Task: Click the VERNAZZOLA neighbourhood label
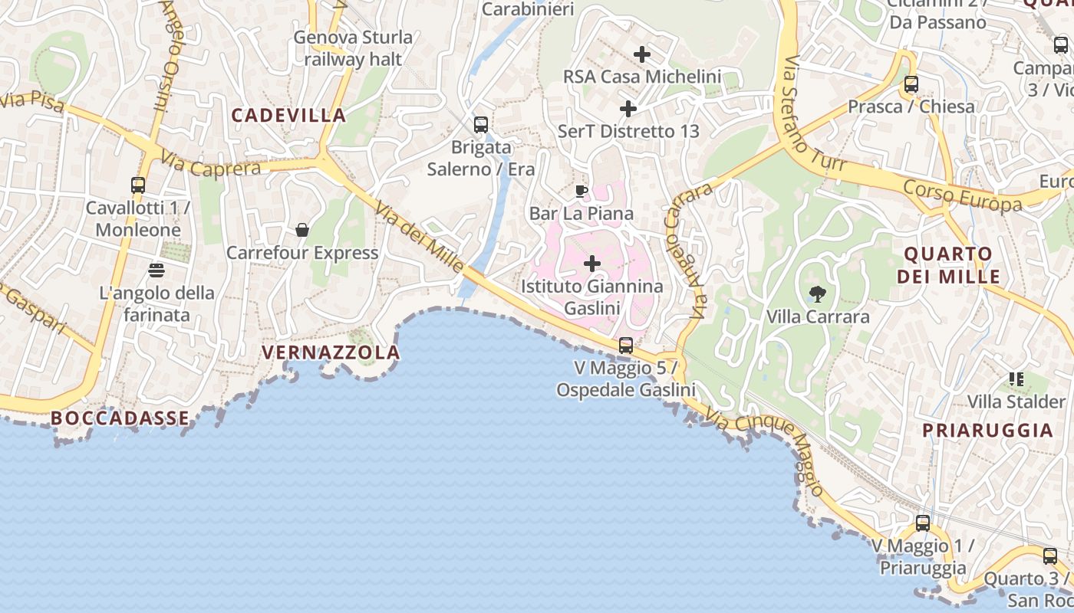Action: [x=331, y=352]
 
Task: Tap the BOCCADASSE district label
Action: [x=120, y=418]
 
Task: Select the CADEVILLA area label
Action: [x=288, y=116]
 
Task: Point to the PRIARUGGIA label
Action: [x=987, y=430]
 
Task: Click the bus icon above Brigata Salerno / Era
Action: [x=481, y=124]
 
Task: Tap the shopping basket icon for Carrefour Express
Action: [x=302, y=230]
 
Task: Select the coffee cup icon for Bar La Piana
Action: [x=581, y=191]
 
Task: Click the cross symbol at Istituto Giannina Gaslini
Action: [x=592, y=264]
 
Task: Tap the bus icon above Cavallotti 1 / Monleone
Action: [x=138, y=185]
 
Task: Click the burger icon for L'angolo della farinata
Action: [x=156, y=270]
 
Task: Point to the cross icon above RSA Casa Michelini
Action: [x=642, y=54]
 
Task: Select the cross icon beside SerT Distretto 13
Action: [x=628, y=109]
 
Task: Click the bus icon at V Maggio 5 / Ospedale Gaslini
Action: [x=626, y=346]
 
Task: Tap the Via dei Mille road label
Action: [x=419, y=234]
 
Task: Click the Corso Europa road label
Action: [x=962, y=195]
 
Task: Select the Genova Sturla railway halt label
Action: [x=353, y=48]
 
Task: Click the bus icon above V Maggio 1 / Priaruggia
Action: [x=923, y=524]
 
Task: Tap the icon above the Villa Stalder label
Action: [x=1016, y=379]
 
